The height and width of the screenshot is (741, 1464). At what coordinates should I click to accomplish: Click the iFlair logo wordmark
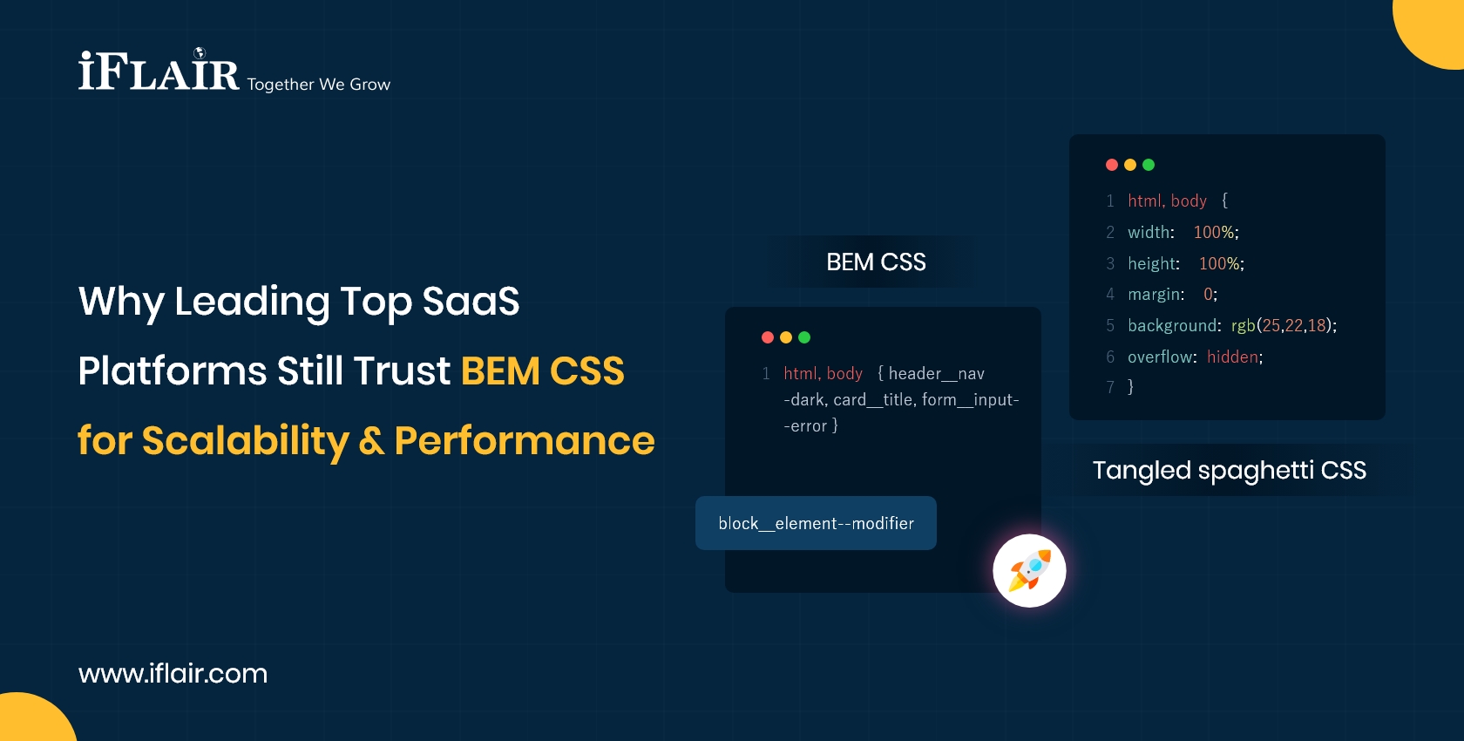[159, 71]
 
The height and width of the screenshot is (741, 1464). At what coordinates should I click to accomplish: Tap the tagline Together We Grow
[318, 85]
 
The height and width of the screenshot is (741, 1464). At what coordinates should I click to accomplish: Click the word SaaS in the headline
[471, 302]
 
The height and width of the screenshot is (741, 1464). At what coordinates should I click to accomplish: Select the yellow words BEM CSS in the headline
[542, 371]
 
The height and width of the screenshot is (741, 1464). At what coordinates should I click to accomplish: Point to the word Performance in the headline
[524, 441]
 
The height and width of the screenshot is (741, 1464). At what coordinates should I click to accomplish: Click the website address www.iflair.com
[173, 673]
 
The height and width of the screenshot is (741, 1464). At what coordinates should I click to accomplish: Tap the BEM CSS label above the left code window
[876, 262]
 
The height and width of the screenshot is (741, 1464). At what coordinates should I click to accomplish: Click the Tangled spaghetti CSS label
[1229, 471]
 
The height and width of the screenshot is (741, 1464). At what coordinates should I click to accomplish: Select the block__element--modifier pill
[816, 523]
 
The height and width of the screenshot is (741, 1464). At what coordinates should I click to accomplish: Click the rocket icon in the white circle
[1029, 571]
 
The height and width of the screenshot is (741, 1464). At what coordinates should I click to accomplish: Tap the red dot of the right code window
[1112, 165]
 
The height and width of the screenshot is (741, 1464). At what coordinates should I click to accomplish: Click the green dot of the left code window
[804, 337]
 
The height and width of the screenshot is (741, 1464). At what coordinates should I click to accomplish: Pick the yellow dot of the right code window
[1130, 165]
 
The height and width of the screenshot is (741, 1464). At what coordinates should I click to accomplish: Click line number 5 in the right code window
[1110, 326]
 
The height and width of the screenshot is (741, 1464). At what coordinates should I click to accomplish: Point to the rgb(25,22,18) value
[1283, 326]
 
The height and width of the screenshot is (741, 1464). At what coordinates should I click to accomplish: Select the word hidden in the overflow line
[1232, 357]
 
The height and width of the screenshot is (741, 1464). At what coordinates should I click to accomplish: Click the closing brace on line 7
[1131, 387]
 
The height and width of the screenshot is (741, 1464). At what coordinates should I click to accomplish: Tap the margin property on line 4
[1156, 295]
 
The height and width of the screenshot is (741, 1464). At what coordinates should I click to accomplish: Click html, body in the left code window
[823, 374]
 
